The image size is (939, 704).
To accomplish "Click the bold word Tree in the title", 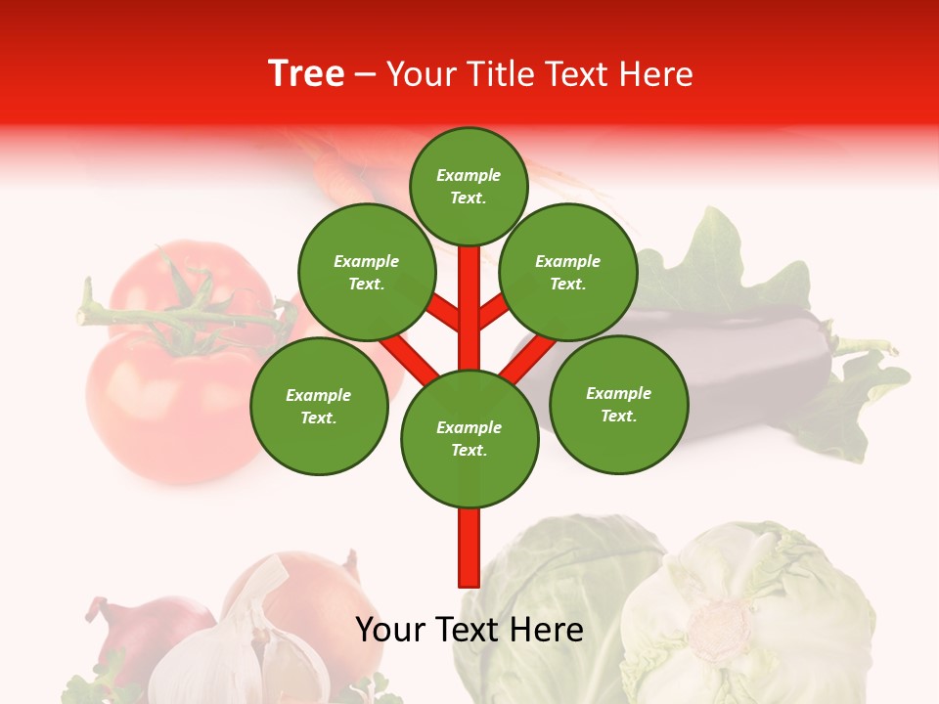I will [306, 73].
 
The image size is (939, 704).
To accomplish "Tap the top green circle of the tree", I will [469, 186].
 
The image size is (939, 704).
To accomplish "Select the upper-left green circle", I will [366, 272].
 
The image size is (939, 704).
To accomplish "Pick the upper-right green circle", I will [568, 272].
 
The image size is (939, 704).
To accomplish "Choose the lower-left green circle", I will [319, 406].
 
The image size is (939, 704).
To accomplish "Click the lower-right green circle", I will [619, 404].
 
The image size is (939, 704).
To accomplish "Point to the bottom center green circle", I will [469, 439].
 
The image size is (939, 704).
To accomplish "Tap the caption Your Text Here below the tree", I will [469, 630].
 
